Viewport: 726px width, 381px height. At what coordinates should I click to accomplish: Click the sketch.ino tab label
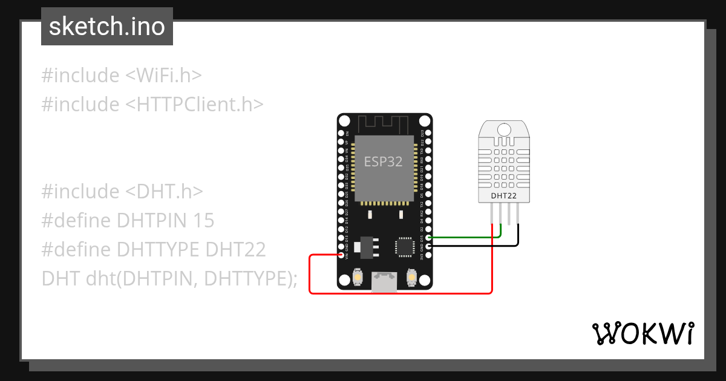pos(107,27)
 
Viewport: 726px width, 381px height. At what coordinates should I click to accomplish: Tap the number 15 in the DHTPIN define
pos(204,221)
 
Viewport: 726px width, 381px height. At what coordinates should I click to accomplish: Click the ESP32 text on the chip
pos(383,161)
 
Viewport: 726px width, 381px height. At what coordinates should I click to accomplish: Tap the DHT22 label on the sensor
pos(504,196)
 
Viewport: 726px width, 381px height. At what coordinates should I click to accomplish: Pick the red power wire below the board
pos(399,293)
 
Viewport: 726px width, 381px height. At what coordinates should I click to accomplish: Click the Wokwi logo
pos(642,333)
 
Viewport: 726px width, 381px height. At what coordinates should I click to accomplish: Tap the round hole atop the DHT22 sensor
pos(504,128)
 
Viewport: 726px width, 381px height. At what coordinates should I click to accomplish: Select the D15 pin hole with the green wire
pos(428,238)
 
